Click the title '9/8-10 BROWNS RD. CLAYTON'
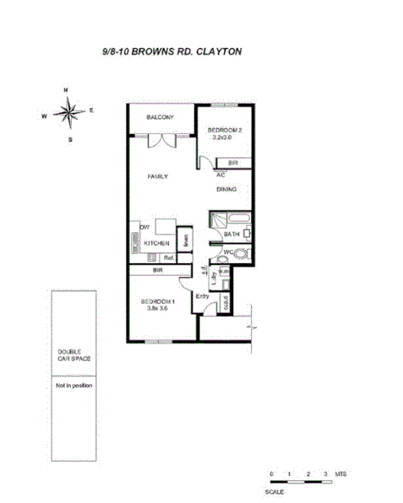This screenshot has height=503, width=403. pos(172,51)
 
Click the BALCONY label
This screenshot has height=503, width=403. pos(160,117)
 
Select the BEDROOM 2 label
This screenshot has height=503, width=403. pos(226,130)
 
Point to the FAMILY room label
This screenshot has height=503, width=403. pos(158,176)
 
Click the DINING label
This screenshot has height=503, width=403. pos(226,190)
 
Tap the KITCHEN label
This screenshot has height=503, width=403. pos(156,243)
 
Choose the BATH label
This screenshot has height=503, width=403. pos(231,234)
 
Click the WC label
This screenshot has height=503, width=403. pos(229,252)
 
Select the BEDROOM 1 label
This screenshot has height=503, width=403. pos(157,301)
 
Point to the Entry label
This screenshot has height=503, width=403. pos(203,296)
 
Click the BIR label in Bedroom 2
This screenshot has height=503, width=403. pos(232,162)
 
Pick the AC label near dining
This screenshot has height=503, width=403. pos(220,174)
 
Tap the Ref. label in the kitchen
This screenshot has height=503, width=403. pos(168,257)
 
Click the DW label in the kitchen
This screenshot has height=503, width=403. pos(144,228)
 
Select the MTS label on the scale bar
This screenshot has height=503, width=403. pos(340,475)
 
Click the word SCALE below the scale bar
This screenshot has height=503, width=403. pos(274,491)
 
